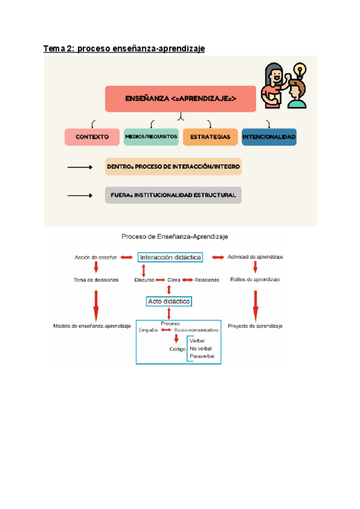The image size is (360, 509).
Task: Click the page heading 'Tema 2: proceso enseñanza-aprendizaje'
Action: pos(124,48)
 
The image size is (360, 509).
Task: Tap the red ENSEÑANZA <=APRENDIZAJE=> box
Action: pos(181,98)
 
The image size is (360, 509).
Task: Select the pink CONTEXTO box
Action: pos(92,137)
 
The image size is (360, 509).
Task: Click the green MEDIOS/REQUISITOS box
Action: pos(151,137)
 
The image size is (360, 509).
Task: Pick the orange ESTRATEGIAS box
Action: pos(210,137)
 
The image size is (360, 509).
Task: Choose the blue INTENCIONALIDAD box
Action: pos(269,137)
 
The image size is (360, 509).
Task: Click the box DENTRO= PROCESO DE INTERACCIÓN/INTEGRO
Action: pos(173,167)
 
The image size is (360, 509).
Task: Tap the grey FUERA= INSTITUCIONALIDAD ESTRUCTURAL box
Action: pos(173,195)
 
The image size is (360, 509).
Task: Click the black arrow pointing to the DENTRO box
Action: pos(79,167)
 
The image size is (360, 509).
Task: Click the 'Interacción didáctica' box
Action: pos(170,257)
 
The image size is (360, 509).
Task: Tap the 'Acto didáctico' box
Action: pos(169,301)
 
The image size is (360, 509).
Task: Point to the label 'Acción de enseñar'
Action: pos(95,257)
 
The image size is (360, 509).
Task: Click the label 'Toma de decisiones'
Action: pos(95,280)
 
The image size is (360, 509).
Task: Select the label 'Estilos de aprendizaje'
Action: pos(255,280)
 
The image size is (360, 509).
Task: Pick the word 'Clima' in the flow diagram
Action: pos(174,280)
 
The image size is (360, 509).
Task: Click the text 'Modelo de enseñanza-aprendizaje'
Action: pos(92,326)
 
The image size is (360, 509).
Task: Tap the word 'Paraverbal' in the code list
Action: pos(202,357)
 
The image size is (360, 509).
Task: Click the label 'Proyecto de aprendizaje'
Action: pos(256,326)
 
